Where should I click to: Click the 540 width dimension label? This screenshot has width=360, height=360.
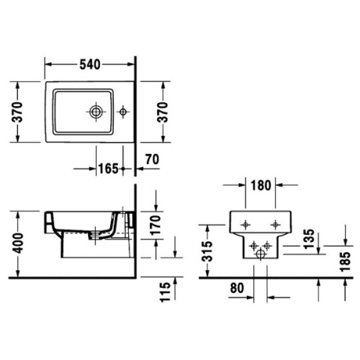click(x=90, y=65)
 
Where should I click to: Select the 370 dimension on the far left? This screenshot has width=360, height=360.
click(x=17, y=112)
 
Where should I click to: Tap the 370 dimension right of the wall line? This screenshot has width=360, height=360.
click(x=163, y=112)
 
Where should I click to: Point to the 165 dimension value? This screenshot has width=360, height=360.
click(x=109, y=168)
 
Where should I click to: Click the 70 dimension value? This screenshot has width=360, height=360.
click(x=153, y=159)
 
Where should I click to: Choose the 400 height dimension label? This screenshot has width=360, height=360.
click(x=18, y=243)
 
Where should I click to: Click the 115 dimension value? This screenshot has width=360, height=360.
click(x=166, y=292)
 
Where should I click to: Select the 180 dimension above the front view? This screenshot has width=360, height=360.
click(x=261, y=185)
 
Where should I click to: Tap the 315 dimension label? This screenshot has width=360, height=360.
click(x=207, y=251)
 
